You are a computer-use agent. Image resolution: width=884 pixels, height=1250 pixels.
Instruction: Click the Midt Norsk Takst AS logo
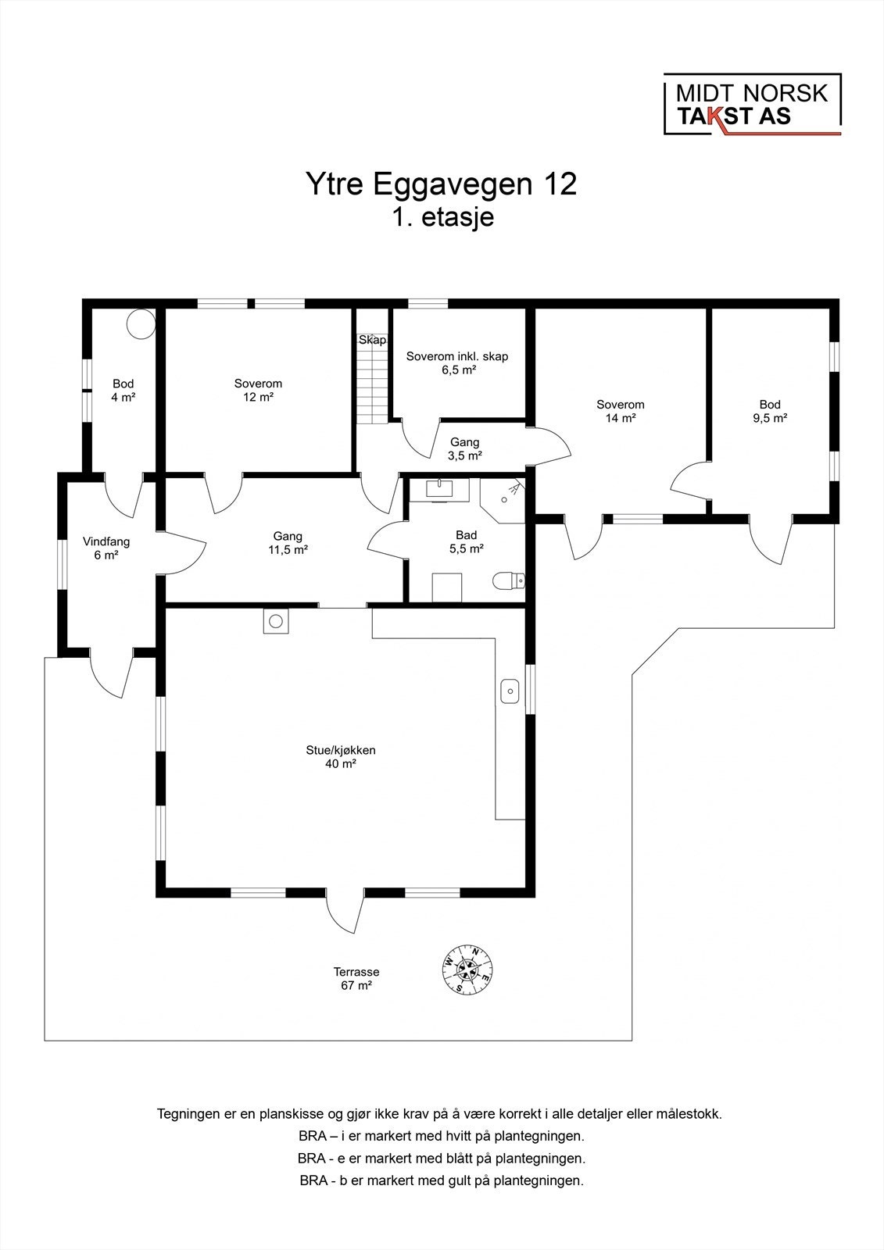[x=752, y=105]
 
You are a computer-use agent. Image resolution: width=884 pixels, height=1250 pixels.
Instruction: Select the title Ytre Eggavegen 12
[x=441, y=184]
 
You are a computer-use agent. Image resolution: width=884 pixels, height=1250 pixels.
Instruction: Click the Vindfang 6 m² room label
[x=106, y=548]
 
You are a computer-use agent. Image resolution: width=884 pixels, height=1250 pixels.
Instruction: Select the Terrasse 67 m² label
[x=356, y=979]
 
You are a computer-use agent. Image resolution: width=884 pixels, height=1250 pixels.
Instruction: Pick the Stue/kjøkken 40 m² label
[x=341, y=757]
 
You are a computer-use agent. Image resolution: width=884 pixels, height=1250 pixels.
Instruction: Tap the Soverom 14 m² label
[x=620, y=411]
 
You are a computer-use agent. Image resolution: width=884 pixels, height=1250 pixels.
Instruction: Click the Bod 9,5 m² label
[x=770, y=411]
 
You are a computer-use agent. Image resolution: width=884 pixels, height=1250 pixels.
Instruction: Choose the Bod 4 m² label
[x=123, y=390]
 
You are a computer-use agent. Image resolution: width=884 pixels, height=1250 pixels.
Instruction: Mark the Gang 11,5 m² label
[x=288, y=543]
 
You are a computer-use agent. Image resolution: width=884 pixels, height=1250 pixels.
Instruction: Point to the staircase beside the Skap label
[x=372, y=383]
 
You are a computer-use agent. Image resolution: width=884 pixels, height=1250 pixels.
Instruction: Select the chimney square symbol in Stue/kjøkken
[x=276, y=621]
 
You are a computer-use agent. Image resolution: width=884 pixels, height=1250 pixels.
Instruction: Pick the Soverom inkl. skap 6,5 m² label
[x=457, y=362]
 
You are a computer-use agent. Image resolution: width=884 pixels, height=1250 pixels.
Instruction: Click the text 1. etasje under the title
[x=443, y=217]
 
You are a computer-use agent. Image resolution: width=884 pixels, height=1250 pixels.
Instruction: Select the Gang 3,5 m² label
[x=465, y=448]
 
